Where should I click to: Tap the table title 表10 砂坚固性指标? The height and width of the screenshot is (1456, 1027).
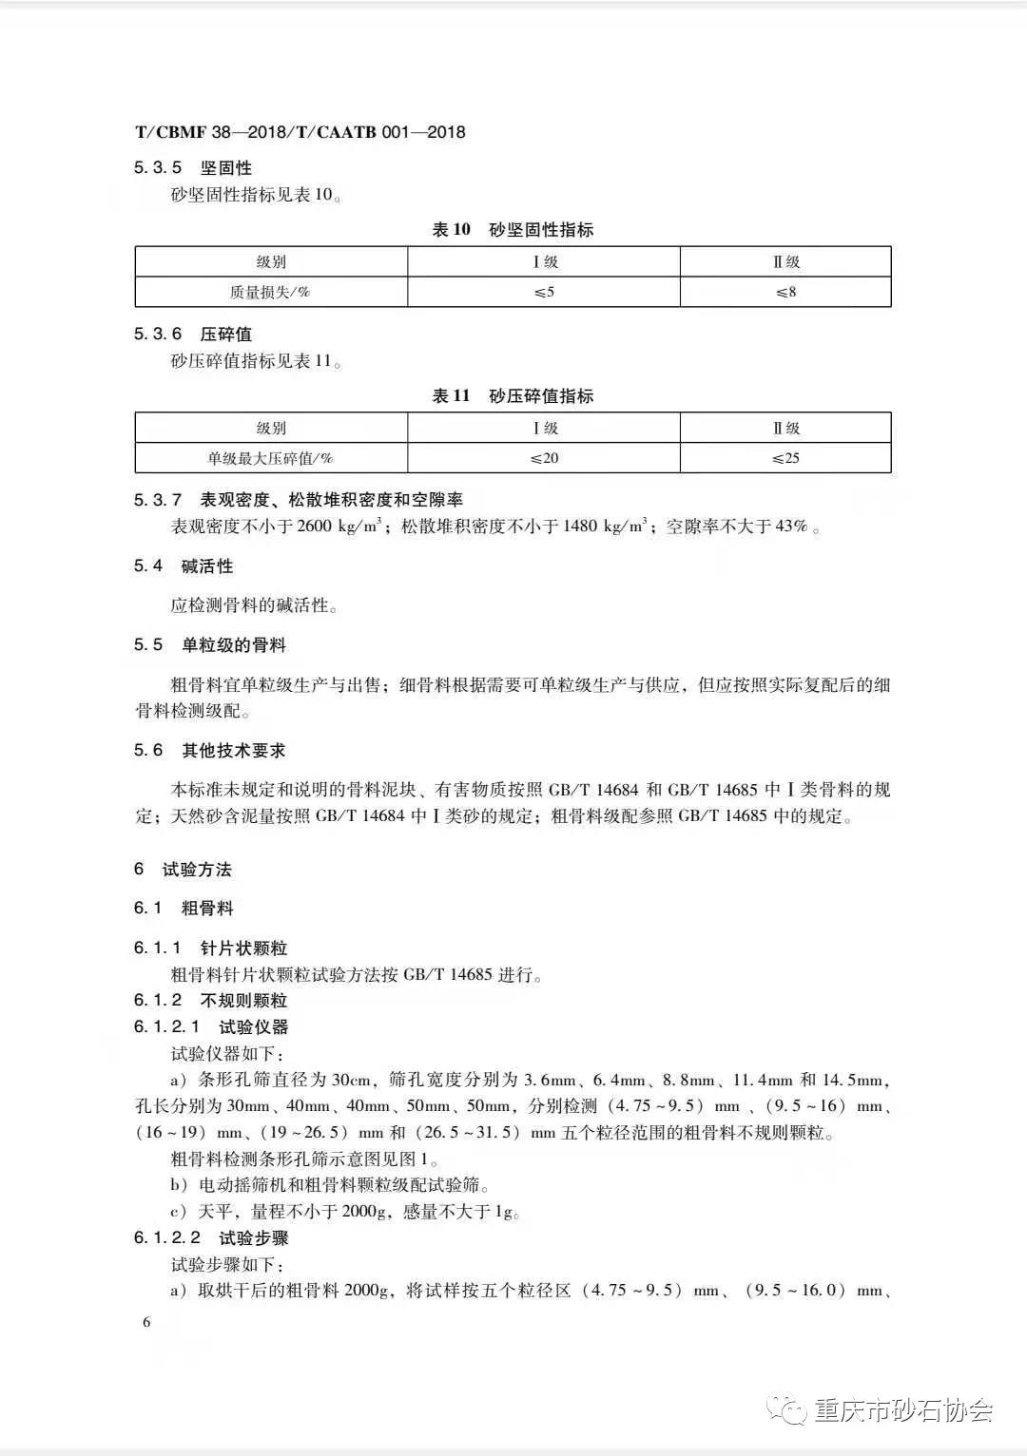513,230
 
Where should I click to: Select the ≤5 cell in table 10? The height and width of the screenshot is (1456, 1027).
544,292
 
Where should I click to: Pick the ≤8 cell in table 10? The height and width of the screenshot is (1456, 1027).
785,292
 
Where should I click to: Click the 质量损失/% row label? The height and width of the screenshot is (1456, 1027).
270,292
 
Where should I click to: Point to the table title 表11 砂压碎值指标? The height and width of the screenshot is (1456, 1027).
513,396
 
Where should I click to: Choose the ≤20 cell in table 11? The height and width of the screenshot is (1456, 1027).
544,458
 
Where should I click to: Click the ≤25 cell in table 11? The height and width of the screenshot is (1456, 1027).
785,458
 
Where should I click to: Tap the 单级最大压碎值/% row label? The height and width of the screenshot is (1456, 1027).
270,458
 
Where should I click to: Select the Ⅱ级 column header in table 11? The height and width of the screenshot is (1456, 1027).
785,429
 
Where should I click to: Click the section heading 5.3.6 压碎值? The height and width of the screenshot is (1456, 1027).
193,335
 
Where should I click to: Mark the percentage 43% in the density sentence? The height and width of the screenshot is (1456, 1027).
790,527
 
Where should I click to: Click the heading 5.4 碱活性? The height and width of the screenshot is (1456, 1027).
184,566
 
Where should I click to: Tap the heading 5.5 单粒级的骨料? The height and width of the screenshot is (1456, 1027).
210,645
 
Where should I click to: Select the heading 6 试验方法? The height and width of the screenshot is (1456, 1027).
184,870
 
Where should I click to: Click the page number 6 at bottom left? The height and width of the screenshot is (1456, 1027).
146,1323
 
